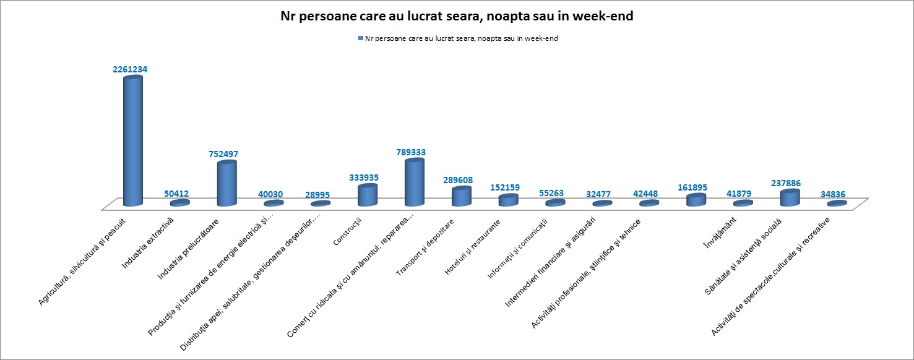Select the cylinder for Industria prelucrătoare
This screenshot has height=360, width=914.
tap(226, 184)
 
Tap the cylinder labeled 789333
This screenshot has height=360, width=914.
tap(414, 182)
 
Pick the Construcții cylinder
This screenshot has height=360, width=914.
tap(367, 195)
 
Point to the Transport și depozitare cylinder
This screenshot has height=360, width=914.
tap(461, 197)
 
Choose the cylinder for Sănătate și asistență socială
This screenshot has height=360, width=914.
tap(790, 197)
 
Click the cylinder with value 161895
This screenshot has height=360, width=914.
tap(696, 200)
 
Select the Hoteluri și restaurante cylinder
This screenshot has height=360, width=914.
tap(508, 200)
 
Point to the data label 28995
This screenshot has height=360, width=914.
tap(318, 194)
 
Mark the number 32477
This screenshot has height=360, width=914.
tap(599, 194)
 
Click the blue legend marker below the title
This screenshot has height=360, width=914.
tap(360, 38)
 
